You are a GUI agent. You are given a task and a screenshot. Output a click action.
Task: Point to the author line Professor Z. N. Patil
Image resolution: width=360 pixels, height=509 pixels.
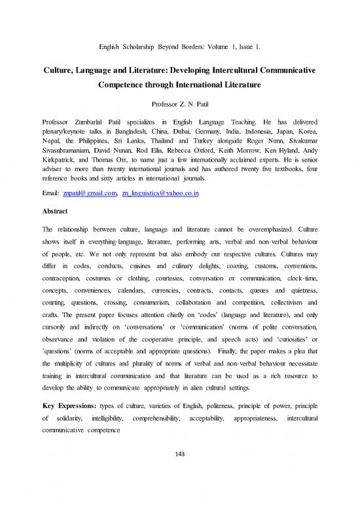coord(179,104)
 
